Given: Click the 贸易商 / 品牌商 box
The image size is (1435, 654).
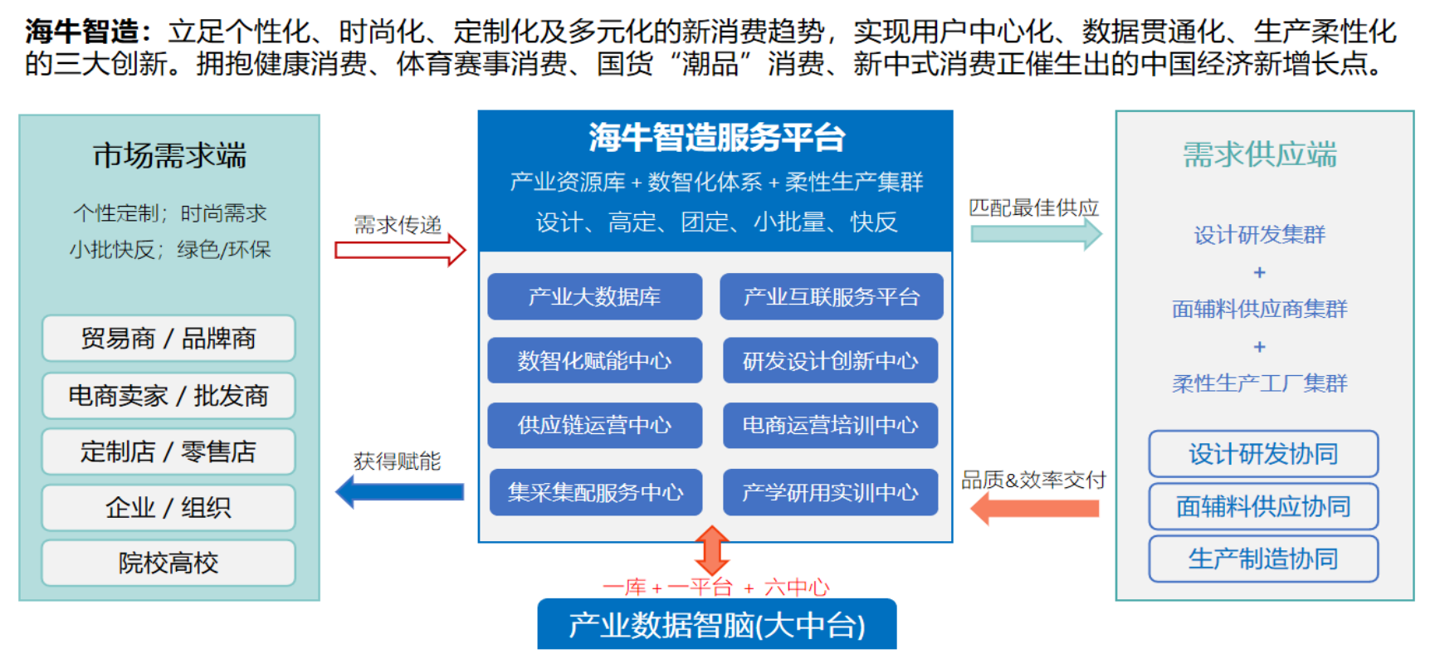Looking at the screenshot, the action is click(x=168, y=339).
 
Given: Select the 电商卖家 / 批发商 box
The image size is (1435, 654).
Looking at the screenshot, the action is click(x=168, y=396).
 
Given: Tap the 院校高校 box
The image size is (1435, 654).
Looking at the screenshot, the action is click(x=168, y=563).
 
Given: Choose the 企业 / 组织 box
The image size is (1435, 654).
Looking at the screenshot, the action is click(x=168, y=507).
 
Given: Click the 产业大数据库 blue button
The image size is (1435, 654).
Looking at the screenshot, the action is click(x=595, y=296).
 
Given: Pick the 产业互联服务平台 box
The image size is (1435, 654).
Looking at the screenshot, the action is click(x=832, y=296).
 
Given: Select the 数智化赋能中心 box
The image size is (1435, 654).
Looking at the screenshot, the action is click(x=595, y=360).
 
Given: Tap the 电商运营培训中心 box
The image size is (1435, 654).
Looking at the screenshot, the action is click(x=830, y=425).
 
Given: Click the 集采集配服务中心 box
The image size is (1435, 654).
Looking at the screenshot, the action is click(x=596, y=492).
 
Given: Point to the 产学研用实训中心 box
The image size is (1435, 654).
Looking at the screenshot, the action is click(x=830, y=492).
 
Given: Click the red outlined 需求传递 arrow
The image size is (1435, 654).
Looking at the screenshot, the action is click(x=400, y=250).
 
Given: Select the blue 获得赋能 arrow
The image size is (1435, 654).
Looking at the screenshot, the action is click(x=400, y=492).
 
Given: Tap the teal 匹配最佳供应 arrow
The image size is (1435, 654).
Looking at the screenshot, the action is click(x=1037, y=234).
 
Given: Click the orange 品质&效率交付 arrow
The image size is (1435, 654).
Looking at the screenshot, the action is click(x=1034, y=508).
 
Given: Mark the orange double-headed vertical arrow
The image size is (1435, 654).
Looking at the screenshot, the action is click(x=712, y=549).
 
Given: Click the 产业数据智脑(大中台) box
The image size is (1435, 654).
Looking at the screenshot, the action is click(x=717, y=624).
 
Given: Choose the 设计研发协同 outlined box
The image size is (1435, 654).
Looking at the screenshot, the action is click(x=1263, y=454).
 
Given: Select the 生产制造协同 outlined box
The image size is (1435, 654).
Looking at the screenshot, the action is click(x=1263, y=559).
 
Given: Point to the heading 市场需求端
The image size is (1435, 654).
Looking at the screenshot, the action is click(x=169, y=155).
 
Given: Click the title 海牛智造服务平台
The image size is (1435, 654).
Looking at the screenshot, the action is click(x=717, y=137).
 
